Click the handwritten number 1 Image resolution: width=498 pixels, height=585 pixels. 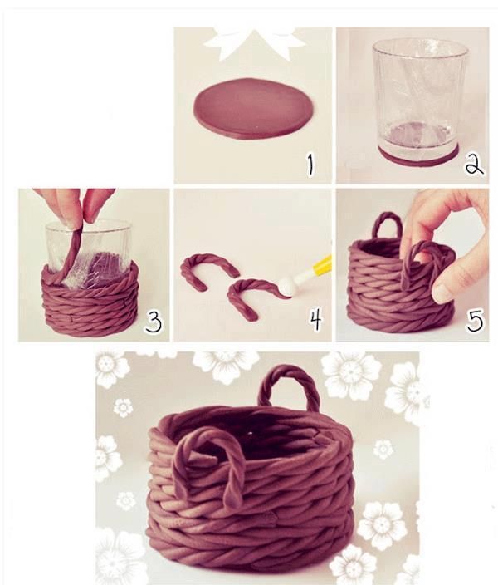(x=310, y=165)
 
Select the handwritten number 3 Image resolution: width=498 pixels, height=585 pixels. (x=154, y=322)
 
